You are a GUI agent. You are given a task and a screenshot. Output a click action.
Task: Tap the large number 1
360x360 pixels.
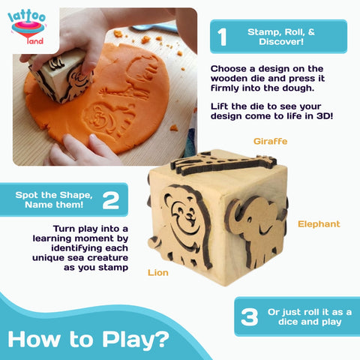pyautogui.click(x=222, y=37)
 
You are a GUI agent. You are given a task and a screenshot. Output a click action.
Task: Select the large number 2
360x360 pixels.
pyautogui.click(x=111, y=199)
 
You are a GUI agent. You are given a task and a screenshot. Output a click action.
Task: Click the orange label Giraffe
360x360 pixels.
pyautogui.click(x=271, y=140)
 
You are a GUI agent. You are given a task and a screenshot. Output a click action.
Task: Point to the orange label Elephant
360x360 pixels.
pyautogui.click(x=319, y=223)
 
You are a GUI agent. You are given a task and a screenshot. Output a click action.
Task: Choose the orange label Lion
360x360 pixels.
pyautogui.click(x=157, y=273)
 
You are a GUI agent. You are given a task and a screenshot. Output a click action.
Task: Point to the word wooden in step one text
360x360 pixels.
pyautogui.click(x=231, y=79)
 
